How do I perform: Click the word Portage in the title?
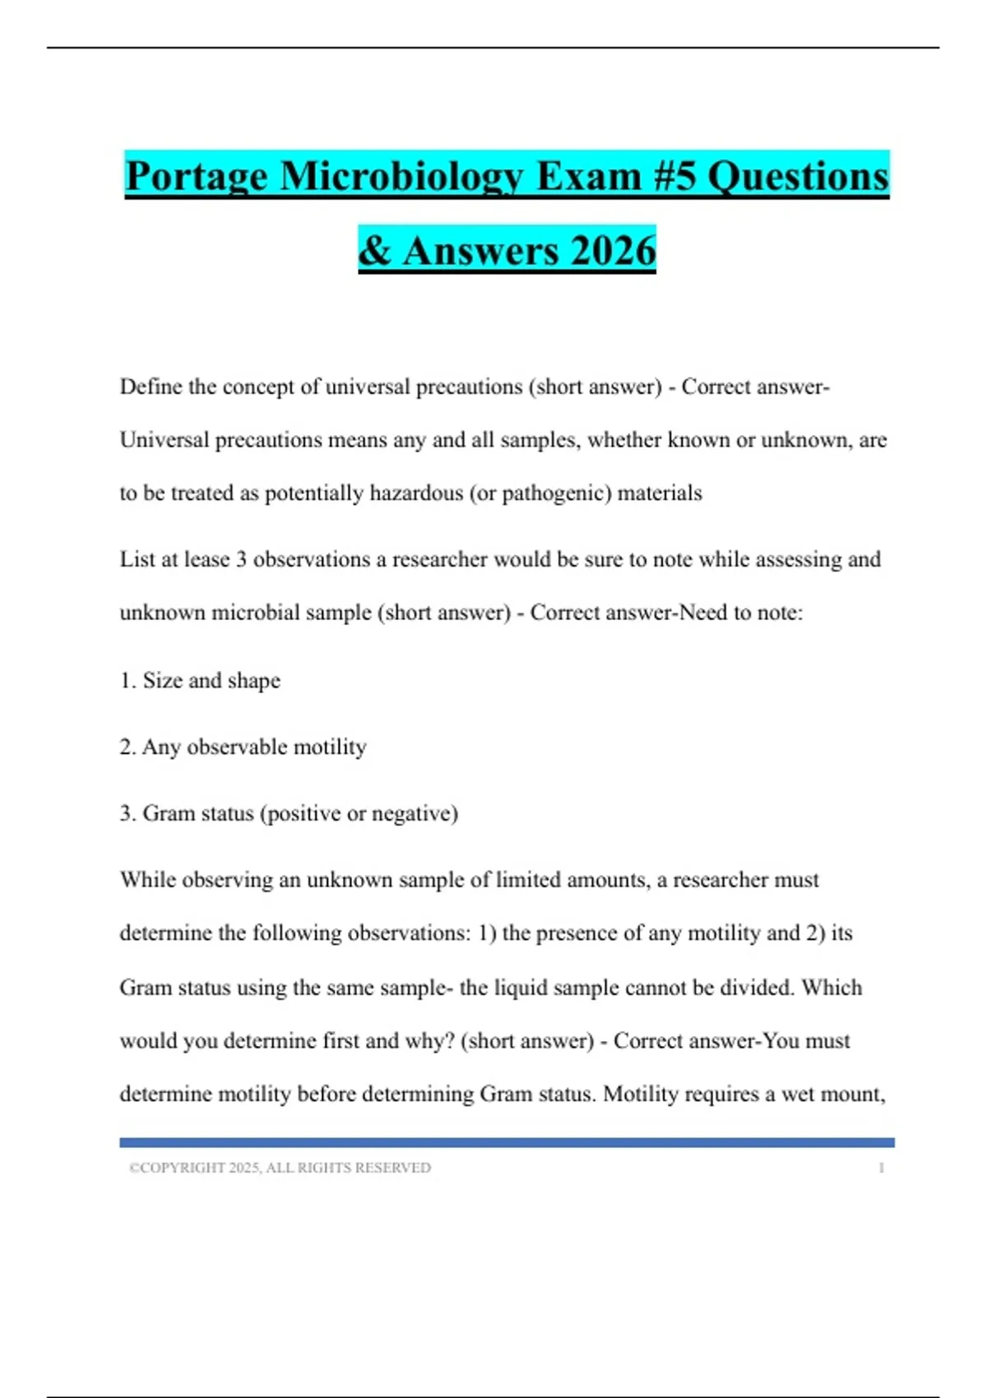tap(196, 177)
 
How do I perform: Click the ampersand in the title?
tap(375, 251)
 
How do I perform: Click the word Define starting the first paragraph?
tap(151, 387)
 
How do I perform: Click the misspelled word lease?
tap(206, 559)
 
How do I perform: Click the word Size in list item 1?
tap(162, 680)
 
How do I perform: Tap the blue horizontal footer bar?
tap(507, 1142)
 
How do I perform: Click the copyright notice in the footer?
tap(280, 1168)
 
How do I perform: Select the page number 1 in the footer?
tap(881, 1168)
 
